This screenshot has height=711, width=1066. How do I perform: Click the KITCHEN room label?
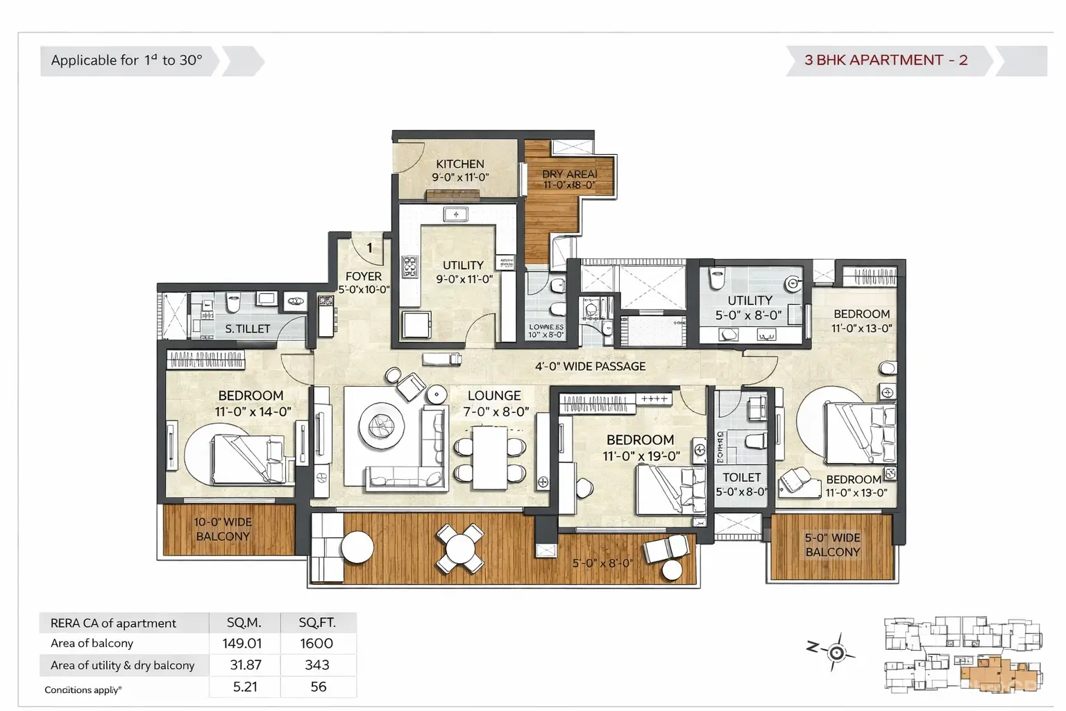(460, 165)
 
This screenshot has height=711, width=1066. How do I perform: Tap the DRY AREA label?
(569, 174)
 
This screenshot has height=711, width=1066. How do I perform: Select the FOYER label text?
(364, 276)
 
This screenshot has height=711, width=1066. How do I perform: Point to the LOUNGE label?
(494, 395)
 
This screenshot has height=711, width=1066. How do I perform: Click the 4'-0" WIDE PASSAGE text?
(590, 366)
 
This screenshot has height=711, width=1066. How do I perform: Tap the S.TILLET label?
(248, 329)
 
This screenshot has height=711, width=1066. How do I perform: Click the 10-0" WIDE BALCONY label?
(223, 529)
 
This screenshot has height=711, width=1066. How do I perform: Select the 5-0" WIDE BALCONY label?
(833, 545)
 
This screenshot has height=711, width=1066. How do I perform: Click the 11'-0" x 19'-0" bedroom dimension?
(641, 456)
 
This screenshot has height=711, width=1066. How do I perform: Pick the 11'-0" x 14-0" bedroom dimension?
(253, 412)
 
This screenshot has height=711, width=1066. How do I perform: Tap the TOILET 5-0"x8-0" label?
(741, 485)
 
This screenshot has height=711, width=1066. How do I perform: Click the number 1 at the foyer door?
(369, 247)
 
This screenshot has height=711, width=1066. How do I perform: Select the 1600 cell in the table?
(317, 644)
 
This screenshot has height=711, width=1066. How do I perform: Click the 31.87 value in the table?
(246, 665)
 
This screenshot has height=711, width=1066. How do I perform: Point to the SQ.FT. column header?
(317, 623)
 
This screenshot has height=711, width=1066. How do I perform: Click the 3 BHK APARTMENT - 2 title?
(886, 60)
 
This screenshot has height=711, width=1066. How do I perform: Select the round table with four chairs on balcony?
(459, 549)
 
